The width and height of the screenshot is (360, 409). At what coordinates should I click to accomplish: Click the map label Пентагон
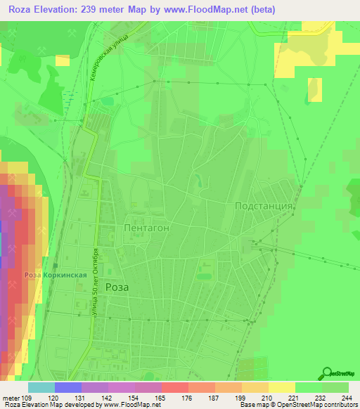146,228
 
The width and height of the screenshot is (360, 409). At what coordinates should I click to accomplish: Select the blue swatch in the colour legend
67,387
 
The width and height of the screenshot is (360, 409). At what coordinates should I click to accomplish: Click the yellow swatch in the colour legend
281,387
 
